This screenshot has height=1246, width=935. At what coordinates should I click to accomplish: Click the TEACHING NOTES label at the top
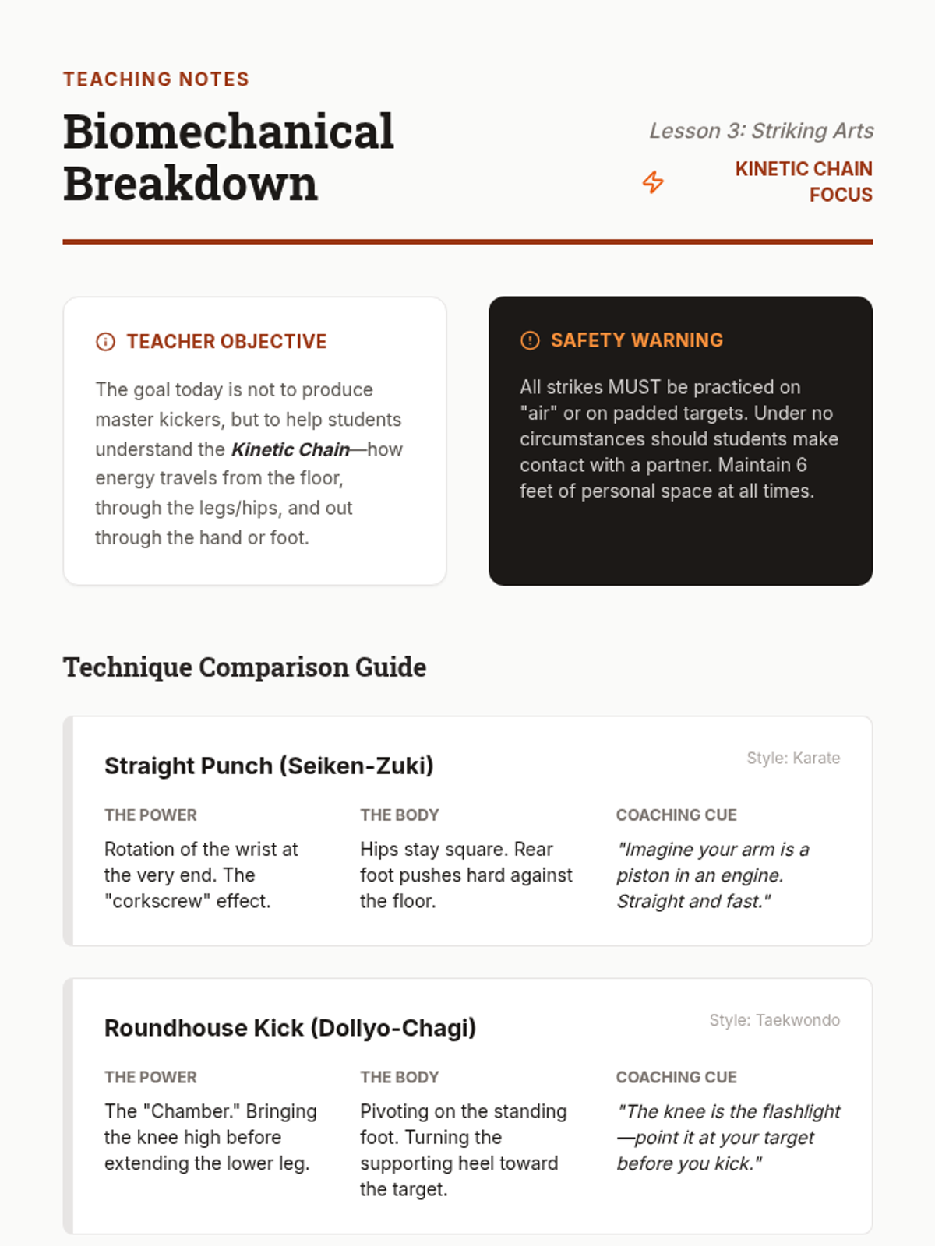click(x=156, y=79)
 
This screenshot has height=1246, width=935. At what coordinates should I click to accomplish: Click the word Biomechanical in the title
click(x=228, y=132)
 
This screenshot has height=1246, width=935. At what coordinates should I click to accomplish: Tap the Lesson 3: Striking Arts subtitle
click(x=761, y=131)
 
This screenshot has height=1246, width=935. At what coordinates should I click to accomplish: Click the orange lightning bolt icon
click(x=653, y=182)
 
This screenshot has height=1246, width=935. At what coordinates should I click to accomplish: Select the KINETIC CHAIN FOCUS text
click(x=803, y=181)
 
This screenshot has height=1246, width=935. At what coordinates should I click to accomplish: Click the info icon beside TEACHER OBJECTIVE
click(x=105, y=342)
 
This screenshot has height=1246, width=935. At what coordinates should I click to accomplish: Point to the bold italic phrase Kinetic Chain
click(x=290, y=449)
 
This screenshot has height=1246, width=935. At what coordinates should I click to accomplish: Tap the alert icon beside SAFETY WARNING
click(x=530, y=340)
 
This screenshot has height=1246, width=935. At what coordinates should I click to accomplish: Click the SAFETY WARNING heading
click(x=637, y=340)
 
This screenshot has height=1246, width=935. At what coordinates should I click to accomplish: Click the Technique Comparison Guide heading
click(x=245, y=667)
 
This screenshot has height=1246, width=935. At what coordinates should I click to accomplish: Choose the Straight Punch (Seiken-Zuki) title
click(x=269, y=766)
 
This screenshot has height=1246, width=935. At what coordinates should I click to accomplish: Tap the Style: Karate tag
click(x=793, y=758)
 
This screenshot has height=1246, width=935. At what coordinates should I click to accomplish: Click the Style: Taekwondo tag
click(x=774, y=1020)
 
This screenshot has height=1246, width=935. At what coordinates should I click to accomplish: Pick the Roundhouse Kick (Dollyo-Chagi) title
click(x=290, y=1028)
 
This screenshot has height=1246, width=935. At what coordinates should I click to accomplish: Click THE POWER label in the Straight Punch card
click(x=150, y=815)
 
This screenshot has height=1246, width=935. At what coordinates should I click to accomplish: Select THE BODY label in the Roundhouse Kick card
click(x=399, y=1078)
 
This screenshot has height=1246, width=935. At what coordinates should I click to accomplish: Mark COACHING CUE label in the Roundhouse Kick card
click(x=676, y=1078)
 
